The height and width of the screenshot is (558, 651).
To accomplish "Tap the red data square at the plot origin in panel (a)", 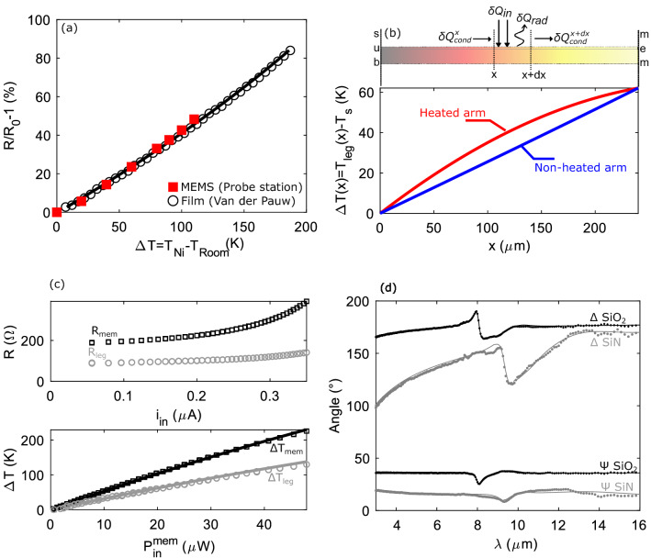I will pos(57,212).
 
